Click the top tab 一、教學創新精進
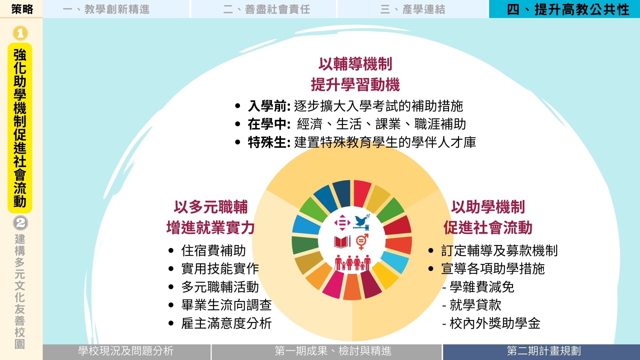coord(106,9)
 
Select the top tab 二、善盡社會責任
coord(267,9)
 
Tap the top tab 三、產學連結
coord(413,9)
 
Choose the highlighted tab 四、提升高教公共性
coord(568,9)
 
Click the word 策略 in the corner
coord(22,9)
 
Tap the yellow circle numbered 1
coord(20,33)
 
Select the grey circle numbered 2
coord(20,223)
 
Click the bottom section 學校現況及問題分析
coord(126,351)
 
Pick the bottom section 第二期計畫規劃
coord(544,351)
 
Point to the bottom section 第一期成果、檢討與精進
coord(333,351)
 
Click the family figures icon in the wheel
coord(353,263)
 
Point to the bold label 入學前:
coord(269,106)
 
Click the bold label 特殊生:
coord(269,142)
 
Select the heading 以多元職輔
coord(211,207)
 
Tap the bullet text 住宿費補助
coord(214,251)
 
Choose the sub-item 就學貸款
coord(475,305)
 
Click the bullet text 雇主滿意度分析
coord(227,323)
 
